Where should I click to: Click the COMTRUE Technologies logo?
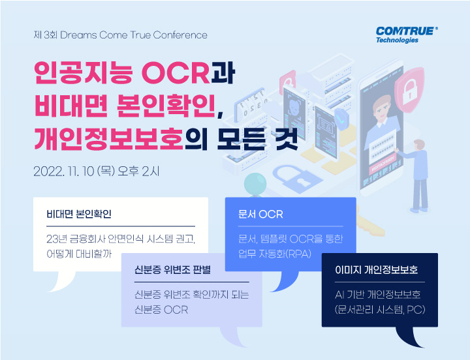[x=406, y=34]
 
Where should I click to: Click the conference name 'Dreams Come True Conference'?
[x=134, y=35]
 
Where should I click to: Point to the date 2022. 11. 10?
[x=63, y=172]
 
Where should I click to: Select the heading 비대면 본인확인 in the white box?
[x=83, y=214]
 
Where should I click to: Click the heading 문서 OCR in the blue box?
[x=261, y=214]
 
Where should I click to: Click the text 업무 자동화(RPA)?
[x=274, y=252]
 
